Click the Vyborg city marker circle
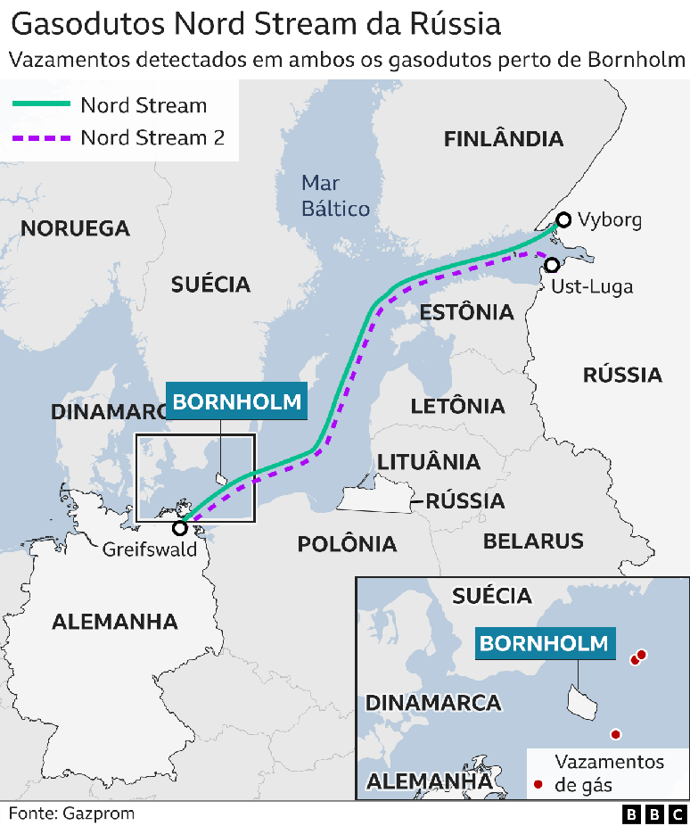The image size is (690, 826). click(563, 219)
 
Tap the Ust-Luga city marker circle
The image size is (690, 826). click(552, 265)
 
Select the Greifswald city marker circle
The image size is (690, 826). click(180, 526)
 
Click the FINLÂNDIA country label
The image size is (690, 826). click(504, 139)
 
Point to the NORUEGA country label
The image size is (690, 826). click(75, 229)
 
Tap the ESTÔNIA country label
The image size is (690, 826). click(466, 312)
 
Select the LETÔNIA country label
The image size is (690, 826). click(457, 406)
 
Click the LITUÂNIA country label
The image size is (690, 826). click(429, 462)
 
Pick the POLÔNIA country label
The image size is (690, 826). click(347, 543)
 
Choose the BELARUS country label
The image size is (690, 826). click(533, 541)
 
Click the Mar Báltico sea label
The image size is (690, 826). click(334, 195)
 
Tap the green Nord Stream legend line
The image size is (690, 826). click(40, 105)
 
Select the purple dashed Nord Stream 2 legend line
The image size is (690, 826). click(40, 138)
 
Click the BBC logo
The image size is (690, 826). click(654, 814)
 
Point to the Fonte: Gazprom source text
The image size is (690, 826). click(71, 813)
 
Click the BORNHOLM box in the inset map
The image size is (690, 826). click(544, 643)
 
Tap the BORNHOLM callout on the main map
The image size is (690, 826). click(237, 401)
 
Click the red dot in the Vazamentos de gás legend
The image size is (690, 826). click(538, 786)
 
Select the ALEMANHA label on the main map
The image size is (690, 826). click(114, 622)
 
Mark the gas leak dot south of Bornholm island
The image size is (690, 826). click(615, 734)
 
